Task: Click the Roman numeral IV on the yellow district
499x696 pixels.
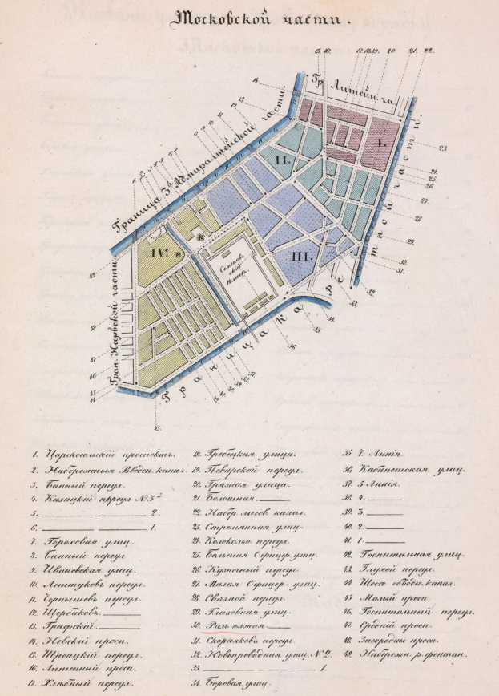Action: (157, 252)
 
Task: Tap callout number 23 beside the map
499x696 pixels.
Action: (442, 148)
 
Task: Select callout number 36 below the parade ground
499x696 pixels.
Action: (292, 346)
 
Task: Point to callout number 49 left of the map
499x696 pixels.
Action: (94, 274)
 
